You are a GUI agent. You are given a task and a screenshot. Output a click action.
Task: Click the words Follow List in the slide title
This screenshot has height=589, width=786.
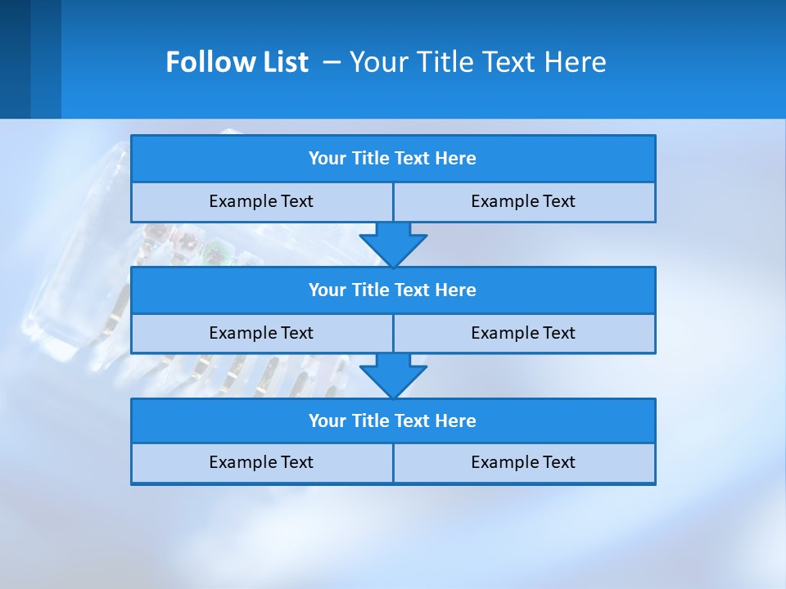(237, 62)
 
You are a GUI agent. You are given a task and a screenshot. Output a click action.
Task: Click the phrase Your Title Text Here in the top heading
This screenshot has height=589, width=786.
(477, 62)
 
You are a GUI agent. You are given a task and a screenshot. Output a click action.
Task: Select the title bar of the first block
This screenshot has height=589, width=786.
(392, 159)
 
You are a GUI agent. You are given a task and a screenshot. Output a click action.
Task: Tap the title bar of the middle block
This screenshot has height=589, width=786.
(392, 290)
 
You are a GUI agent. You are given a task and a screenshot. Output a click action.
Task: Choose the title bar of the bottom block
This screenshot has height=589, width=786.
(392, 420)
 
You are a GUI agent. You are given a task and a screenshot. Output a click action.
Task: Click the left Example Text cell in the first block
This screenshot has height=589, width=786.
(261, 201)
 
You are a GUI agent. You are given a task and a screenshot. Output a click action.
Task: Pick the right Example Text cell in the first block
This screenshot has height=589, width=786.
(523, 201)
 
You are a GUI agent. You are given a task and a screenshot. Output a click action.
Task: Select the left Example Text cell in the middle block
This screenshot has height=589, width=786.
(261, 333)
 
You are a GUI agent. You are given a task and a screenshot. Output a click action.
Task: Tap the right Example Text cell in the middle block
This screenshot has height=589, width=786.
(523, 333)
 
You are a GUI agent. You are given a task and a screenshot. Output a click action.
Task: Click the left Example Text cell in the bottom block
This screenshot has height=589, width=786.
(261, 462)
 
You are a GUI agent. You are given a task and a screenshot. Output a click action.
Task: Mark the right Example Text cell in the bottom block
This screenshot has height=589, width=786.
(523, 462)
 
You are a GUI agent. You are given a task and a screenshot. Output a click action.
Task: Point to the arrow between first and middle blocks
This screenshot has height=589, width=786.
(393, 245)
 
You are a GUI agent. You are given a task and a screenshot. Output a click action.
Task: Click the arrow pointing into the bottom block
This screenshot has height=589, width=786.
(393, 376)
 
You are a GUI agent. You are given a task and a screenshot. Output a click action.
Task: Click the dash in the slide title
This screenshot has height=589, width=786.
(332, 63)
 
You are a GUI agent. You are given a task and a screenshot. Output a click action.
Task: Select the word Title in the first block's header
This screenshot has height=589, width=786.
(371, 159)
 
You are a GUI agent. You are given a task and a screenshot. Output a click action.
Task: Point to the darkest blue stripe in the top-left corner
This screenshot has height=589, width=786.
(15, 59)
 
